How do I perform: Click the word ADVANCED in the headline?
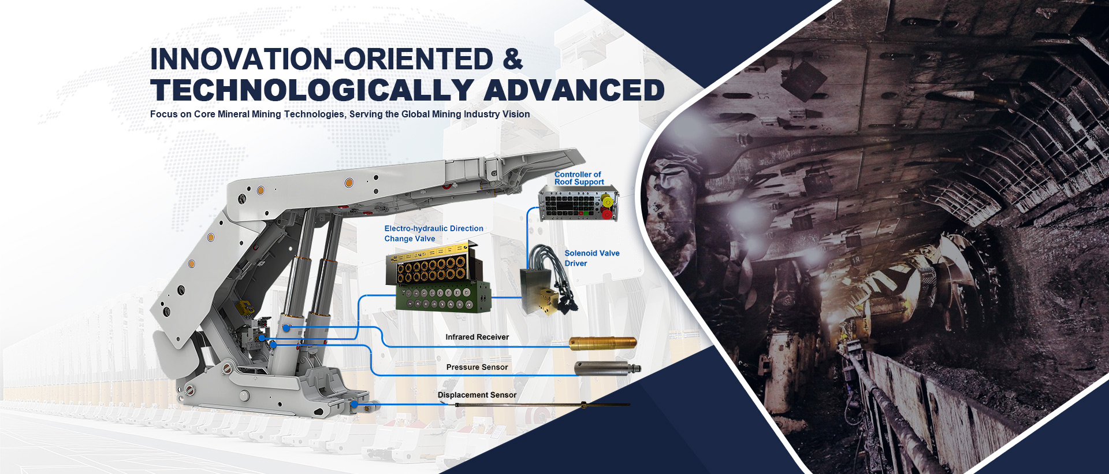pos(575,90)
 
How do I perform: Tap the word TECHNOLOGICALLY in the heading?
pos(312,90)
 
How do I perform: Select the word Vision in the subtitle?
pos(516,114)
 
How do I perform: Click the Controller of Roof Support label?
pos(579,178)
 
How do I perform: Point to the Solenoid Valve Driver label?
pos(592,258)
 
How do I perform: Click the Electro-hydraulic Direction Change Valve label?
pos(434,234)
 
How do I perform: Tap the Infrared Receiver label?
pos(477,337)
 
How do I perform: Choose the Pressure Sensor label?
pos(477,367)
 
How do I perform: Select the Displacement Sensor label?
pos(477,395)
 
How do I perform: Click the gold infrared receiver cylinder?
pos(603,343)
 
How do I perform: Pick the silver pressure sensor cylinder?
pos(607,369)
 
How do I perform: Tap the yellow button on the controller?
pos(607,201)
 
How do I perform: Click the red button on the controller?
pos(607,214)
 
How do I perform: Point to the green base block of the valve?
pos(444,297)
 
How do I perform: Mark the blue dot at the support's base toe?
pos(354,405)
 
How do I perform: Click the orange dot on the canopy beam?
pos(349,183)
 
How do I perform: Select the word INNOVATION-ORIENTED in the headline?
pos(322,60)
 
